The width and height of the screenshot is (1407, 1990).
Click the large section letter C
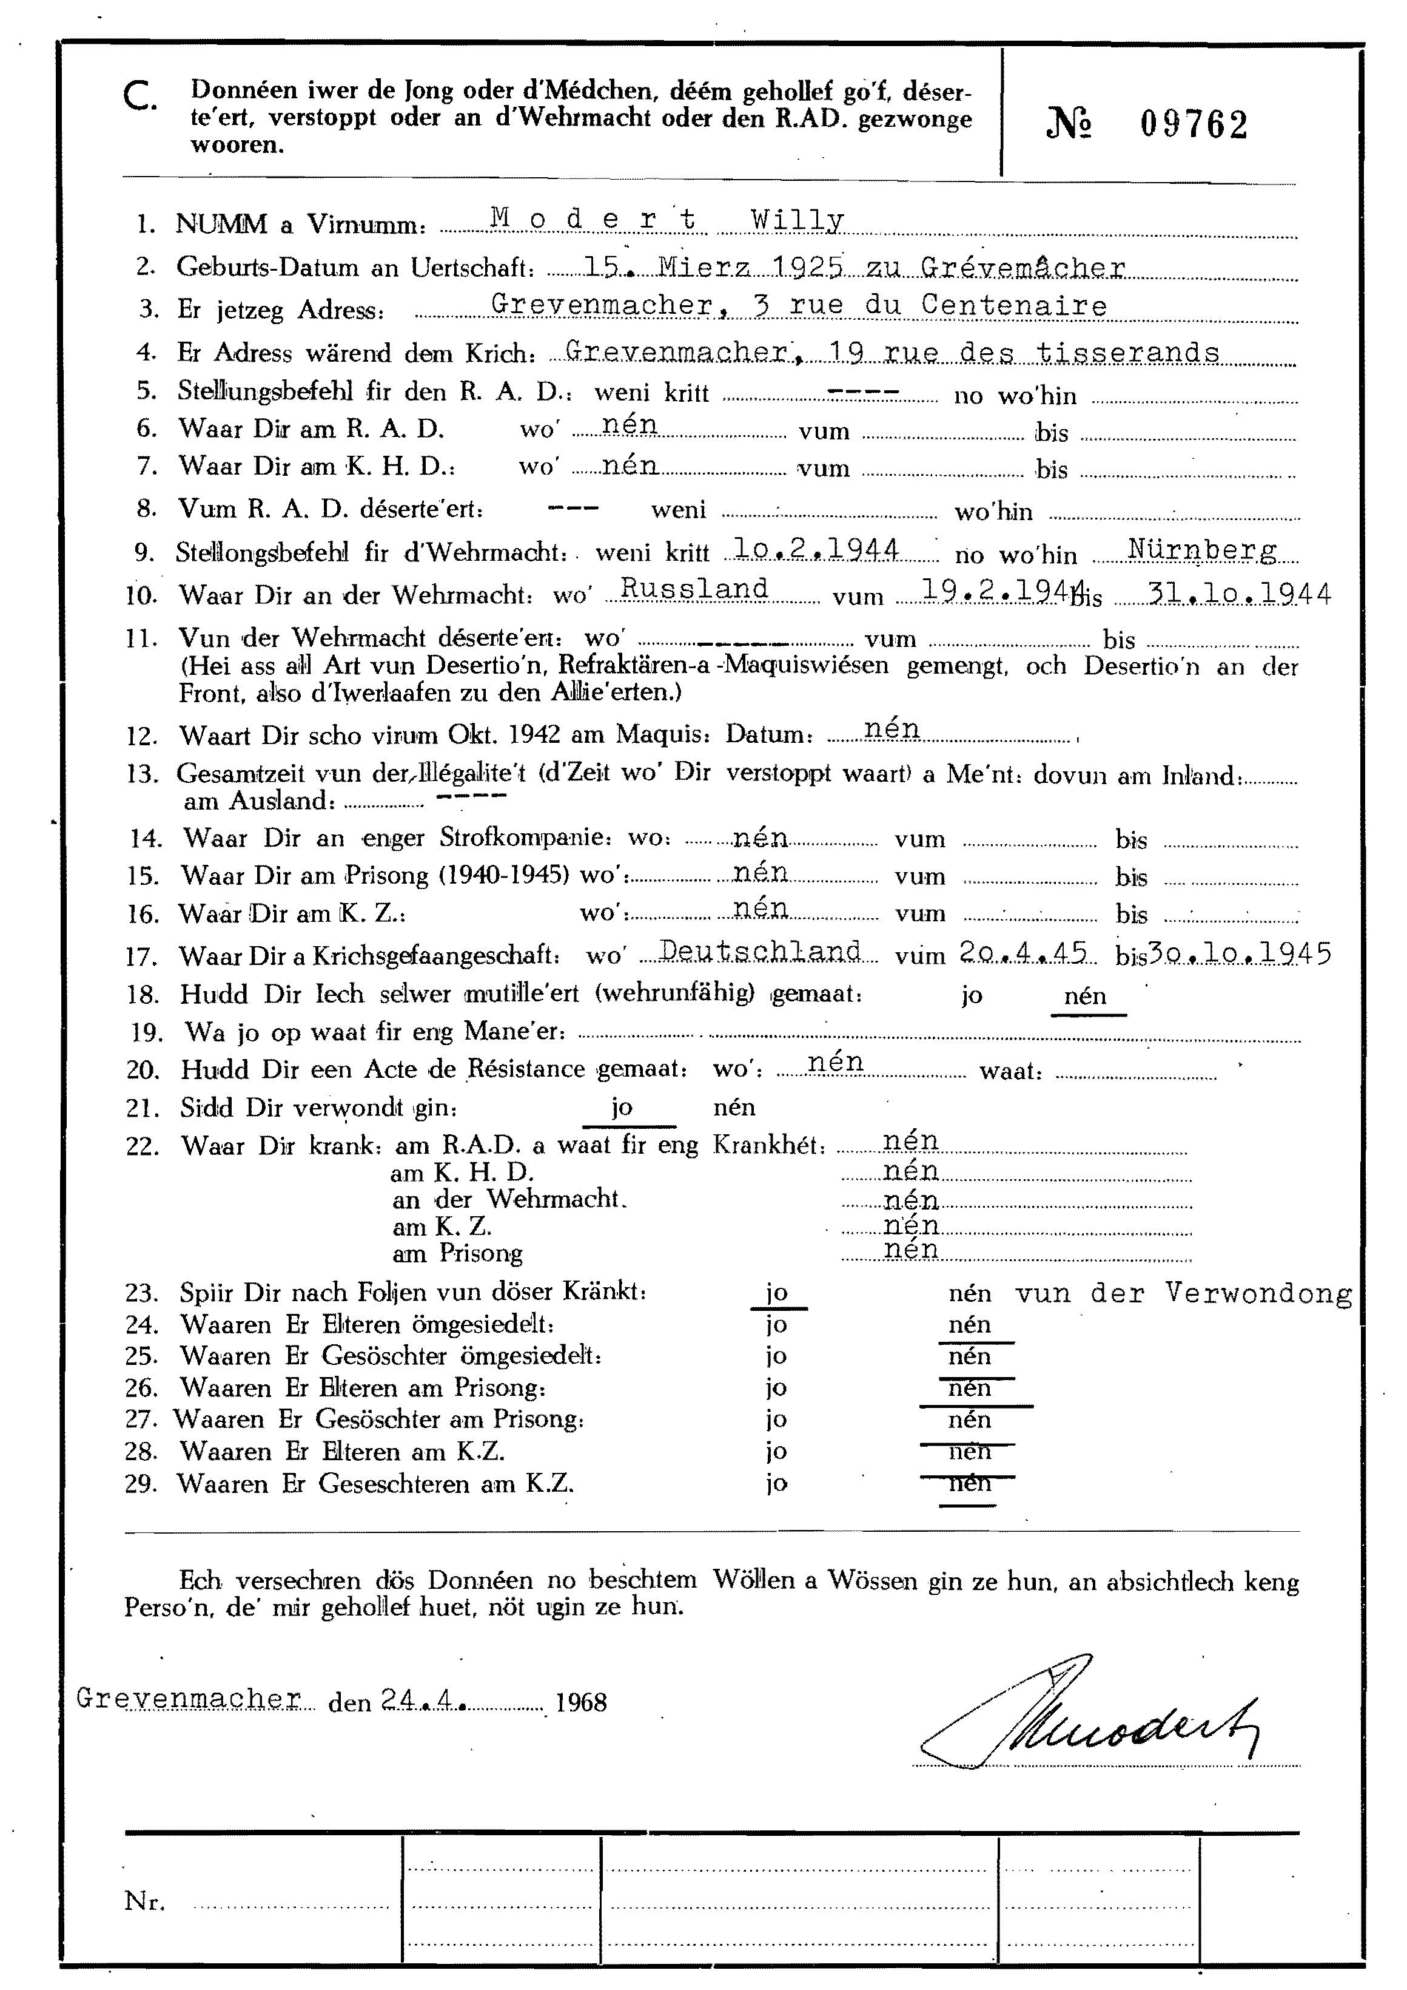pos(139,98)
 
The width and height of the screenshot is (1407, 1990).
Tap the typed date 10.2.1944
pos(815,549)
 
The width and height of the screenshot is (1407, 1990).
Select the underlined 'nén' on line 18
pos(1085,996)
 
